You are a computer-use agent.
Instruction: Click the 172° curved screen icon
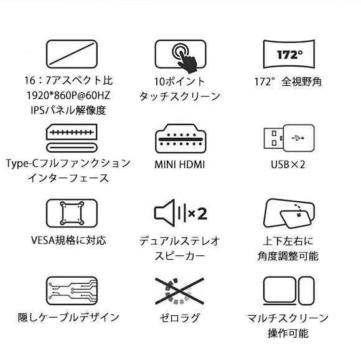tap(289, 54)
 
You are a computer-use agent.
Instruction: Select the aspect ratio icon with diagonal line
tap(72, 54)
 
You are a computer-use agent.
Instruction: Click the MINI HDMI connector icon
tap(180, 139)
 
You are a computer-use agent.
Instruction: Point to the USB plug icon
tap(289, 138)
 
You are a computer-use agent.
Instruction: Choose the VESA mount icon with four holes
tap(72, 213)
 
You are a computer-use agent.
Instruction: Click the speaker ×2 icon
tap(180, 213)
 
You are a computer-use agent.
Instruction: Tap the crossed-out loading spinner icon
tap(179, 291)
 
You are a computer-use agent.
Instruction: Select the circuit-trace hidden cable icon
tap(72, 291)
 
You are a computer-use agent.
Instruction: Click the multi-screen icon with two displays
tap(289, 291)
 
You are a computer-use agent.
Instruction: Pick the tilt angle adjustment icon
tap(289, 214)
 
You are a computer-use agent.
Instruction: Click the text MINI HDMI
tap(180, 164)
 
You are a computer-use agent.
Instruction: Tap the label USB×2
tap(288, 164)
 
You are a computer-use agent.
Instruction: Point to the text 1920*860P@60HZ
tap(68, 95)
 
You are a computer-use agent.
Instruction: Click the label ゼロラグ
tap(180, 318)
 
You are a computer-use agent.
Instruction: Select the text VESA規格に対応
tap(68, 240)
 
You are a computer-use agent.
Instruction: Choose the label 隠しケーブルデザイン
tap(68, 318)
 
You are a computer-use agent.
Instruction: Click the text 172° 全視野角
tap(288, 82)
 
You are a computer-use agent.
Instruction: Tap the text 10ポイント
tap(180, 82)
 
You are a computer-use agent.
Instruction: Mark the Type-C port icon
tap(72, 138)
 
